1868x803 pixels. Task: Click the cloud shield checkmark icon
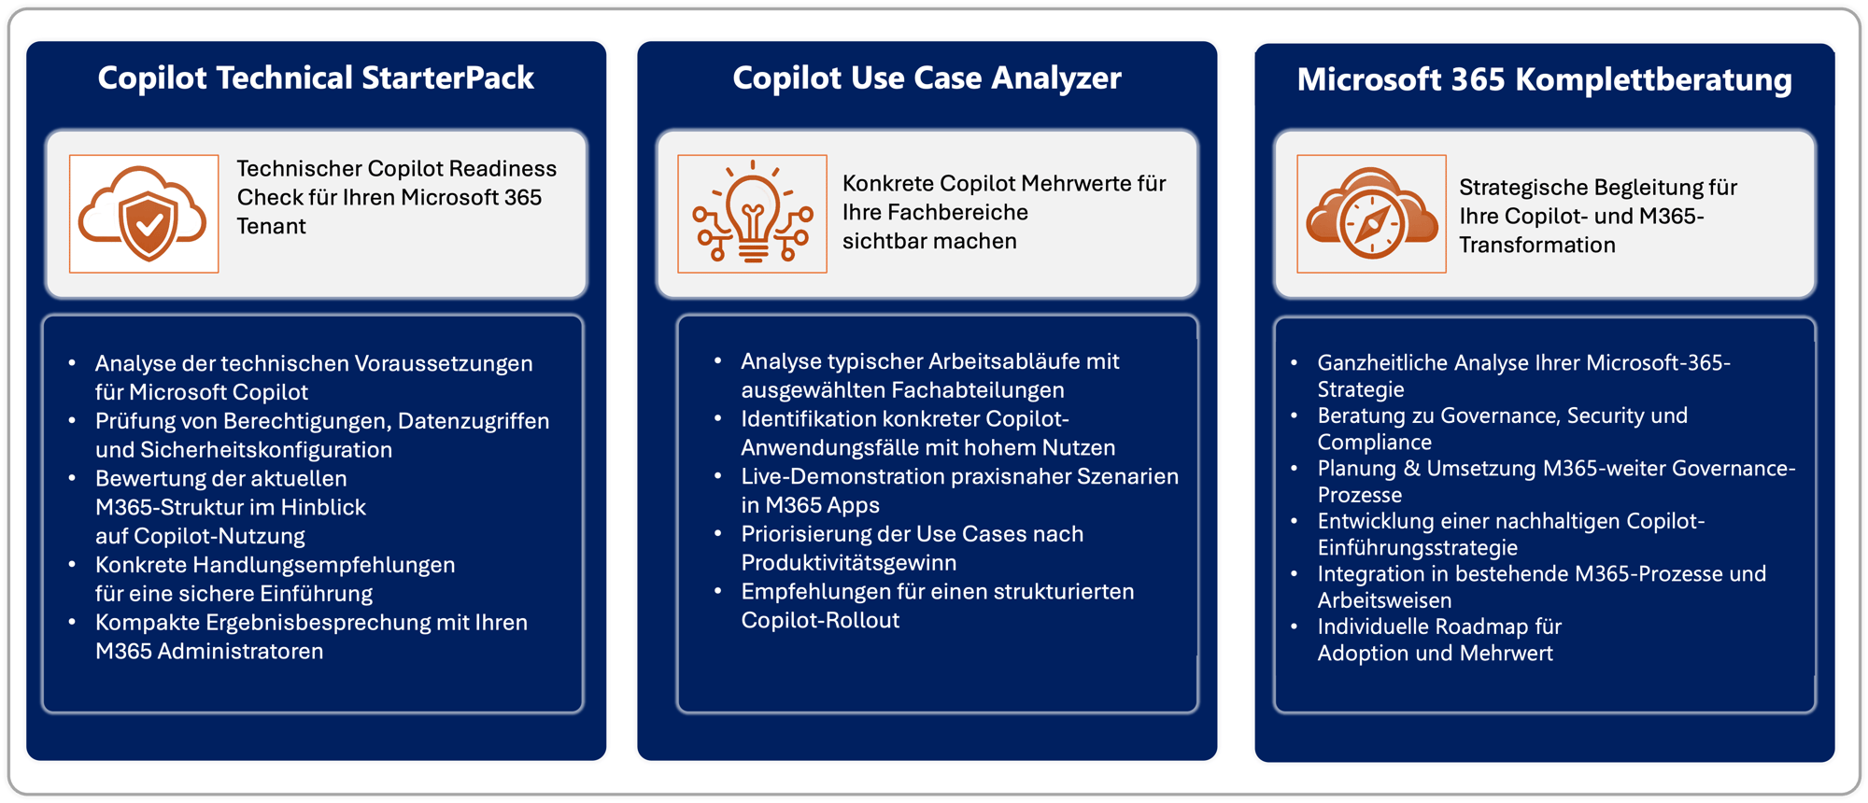(x=144, y=214)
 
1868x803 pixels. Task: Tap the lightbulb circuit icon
(x=752, y=214)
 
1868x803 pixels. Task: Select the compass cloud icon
(x=1371, y=214)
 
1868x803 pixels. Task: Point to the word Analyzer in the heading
(x=1056, y=77)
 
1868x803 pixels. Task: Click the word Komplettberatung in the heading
(x=1653, y=80)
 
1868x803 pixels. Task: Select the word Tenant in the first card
(x=271, y=226)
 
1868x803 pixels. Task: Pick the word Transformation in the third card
(x=1536, y=245)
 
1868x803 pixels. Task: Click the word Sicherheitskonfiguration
(x=265, y=449)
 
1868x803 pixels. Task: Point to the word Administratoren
(x=240, y=651)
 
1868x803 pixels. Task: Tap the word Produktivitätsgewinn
(x=848, y=562)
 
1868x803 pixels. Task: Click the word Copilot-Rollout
(x=820, y=620)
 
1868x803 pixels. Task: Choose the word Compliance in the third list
(x=1374, y=442)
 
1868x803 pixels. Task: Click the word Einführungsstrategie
(x=1417, y=547)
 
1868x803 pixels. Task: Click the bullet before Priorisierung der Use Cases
(x=717, y=534)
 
